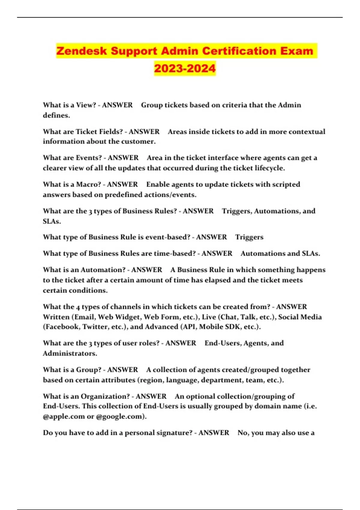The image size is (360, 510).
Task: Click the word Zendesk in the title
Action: pyautogui.click(x=81, y=51)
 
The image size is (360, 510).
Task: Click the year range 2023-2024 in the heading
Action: pyautogui.click(x=185, y=68)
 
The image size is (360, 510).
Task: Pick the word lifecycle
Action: pyautogui.click(x=269, y=168)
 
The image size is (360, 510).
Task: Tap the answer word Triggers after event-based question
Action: pyautogui.click(x=249, y=237)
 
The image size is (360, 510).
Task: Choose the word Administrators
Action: pyautogui.click(x=70, y=353)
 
